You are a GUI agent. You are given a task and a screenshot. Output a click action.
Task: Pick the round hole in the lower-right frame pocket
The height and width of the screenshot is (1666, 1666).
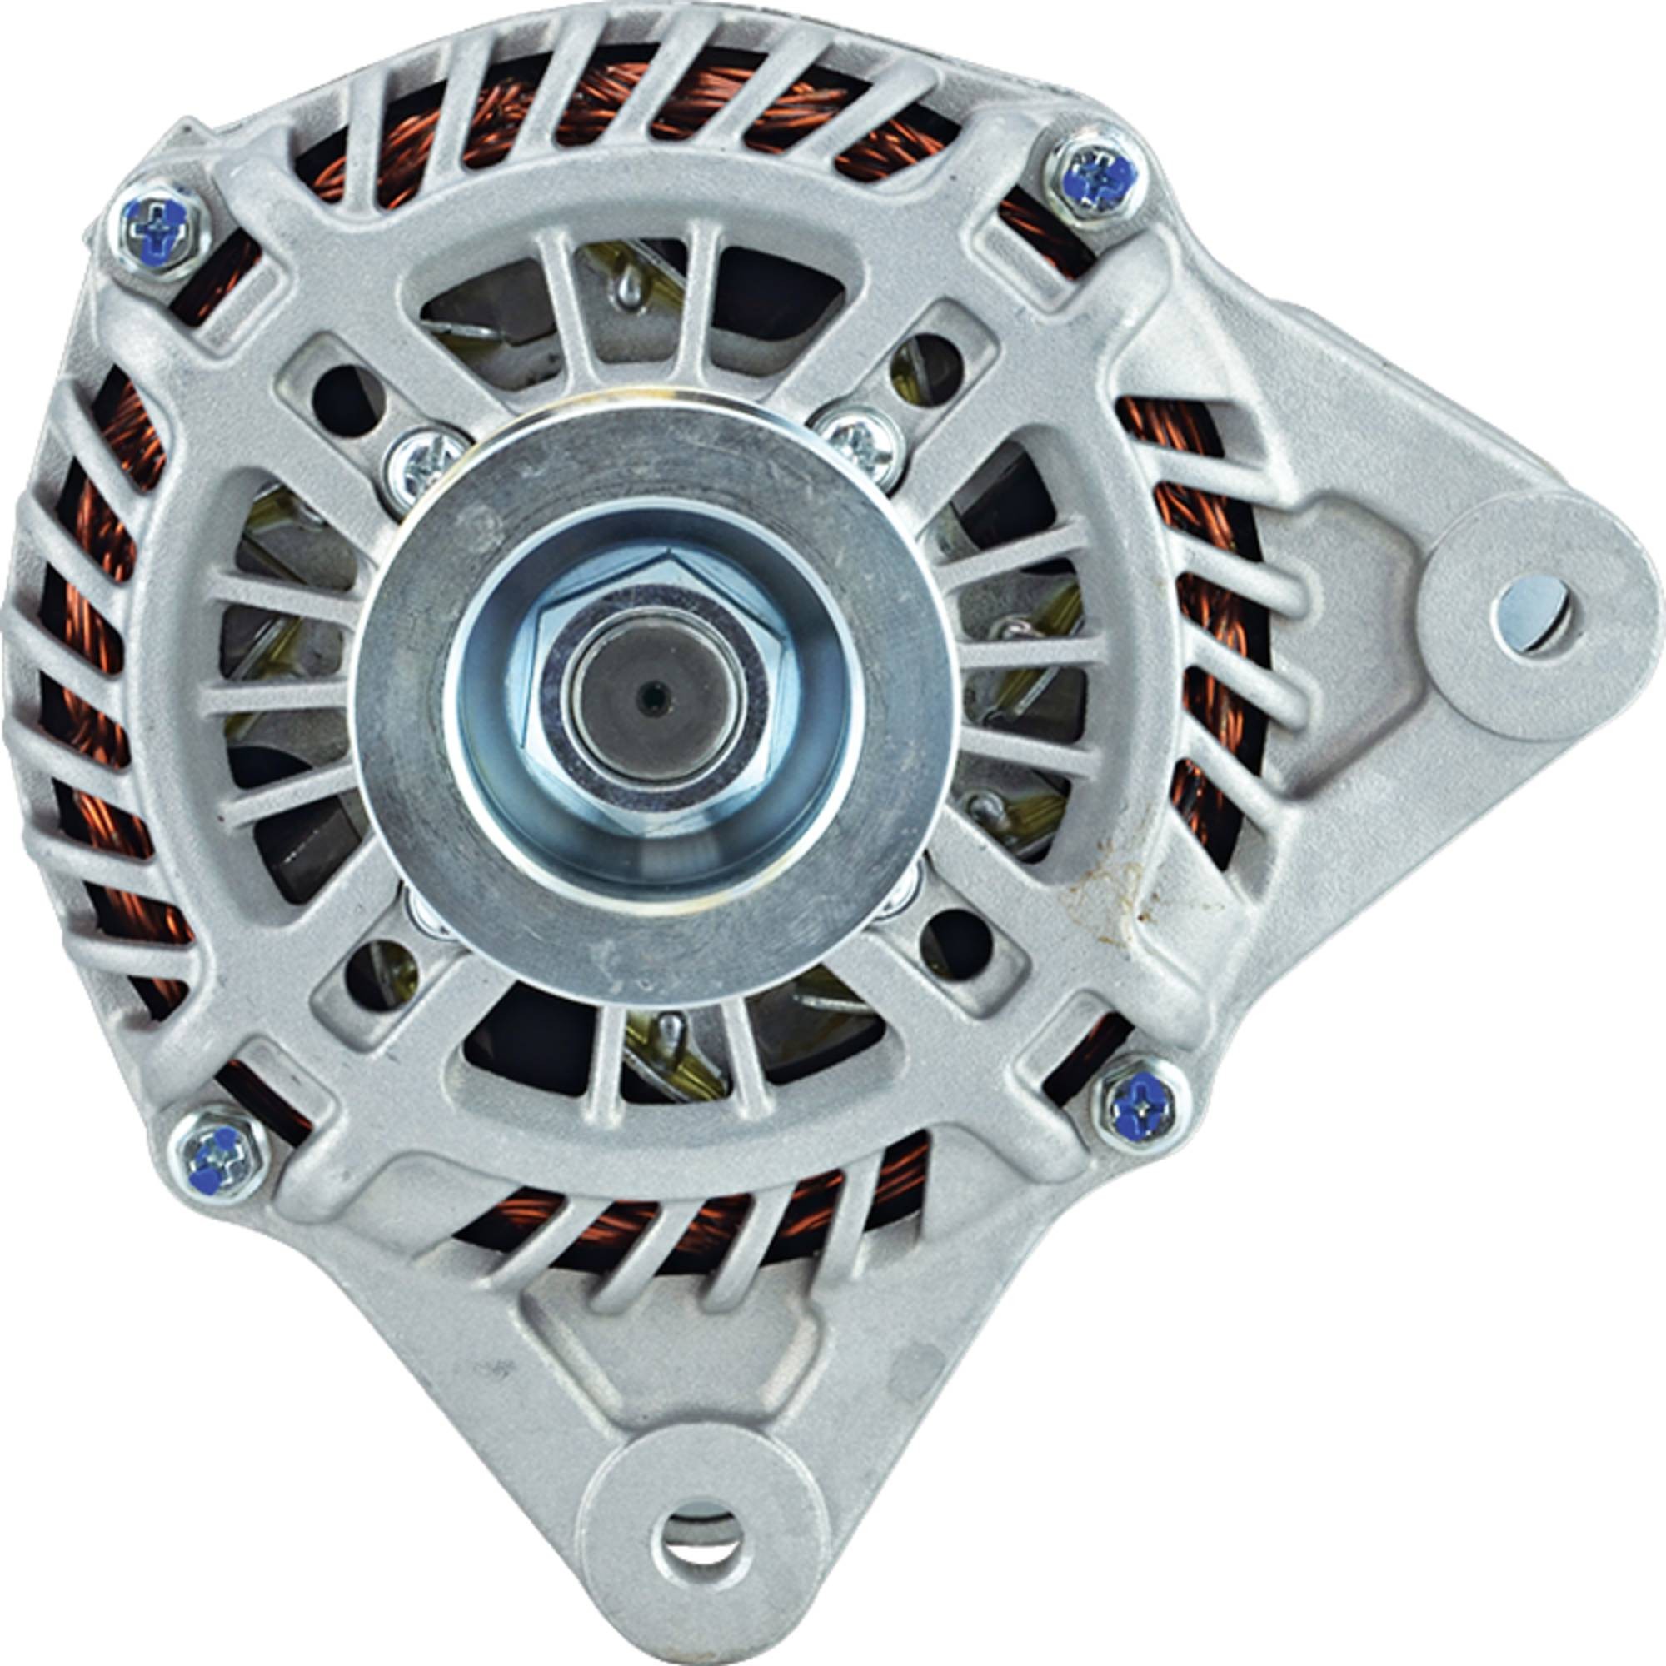[x=955, y=941]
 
